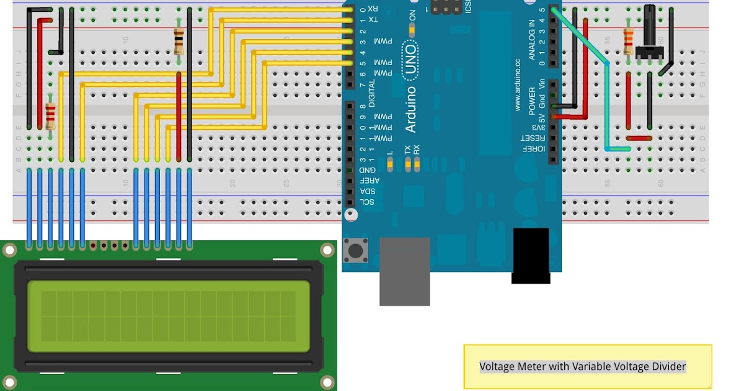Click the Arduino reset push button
(x=356, y=251)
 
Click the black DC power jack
(x=531, y=255)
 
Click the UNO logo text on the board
(x=410, y=61)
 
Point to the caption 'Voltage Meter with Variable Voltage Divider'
(x=583, y=367)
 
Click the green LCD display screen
(x=168, y=316)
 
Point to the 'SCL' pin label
(x=368, y=202)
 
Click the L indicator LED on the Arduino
(x=390, y=163)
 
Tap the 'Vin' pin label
(x=542, y=83)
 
